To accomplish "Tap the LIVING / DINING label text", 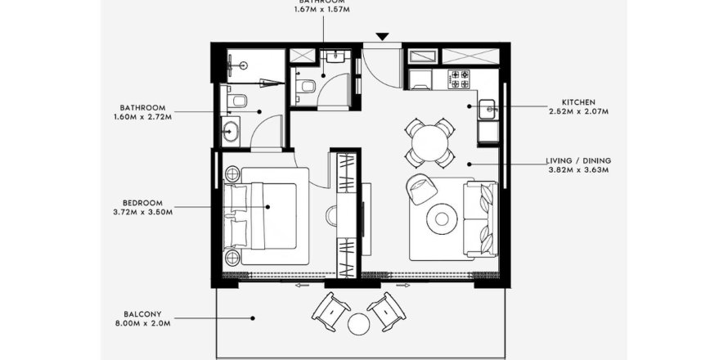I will pyautogui.click(x=578, y=160).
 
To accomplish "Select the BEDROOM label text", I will pyautogui.click(x=142, y=202).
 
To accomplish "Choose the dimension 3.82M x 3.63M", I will pyautogui.click(x=578, y=170).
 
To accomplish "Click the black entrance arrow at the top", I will pyautogui.click(x=383, y=37).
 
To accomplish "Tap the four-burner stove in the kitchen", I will pyautogui.click(x=458, y=79).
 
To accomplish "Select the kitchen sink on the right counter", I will pyautogui.click(x=487, y=106).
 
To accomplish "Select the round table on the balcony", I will pyautogui.click(x=359, y=323).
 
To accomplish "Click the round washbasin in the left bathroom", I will pyautogui.click(x=230, y=131).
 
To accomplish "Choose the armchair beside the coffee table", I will pyautogui.click(x=421, y=189).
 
